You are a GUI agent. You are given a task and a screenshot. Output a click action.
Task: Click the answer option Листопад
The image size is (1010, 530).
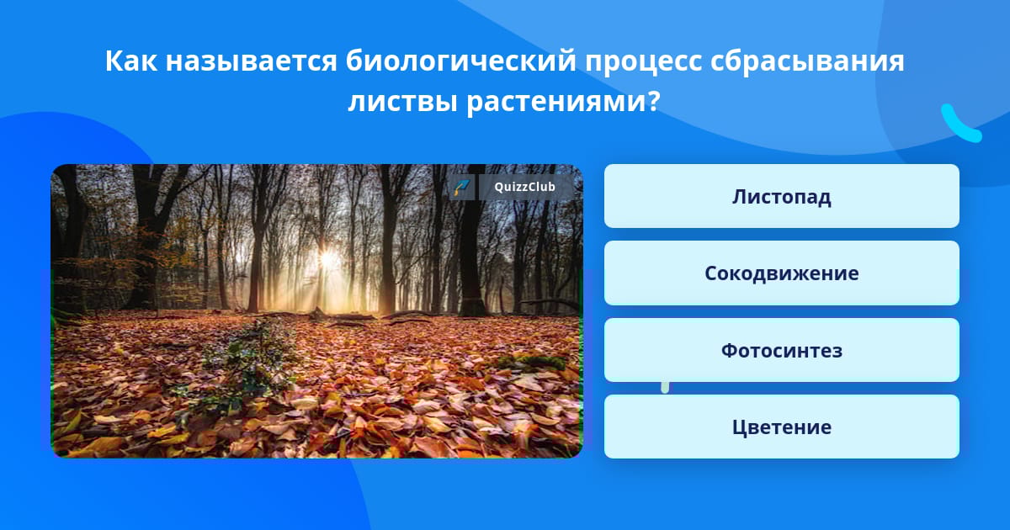(781, 196)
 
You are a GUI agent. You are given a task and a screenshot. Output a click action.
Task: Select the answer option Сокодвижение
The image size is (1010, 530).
(781, 273)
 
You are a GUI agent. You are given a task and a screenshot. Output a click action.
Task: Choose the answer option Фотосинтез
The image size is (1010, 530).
(781, 350)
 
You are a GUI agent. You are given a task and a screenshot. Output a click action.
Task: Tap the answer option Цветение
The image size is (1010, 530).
(781, 427)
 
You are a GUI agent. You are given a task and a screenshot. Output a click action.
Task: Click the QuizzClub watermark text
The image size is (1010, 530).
(524, 187)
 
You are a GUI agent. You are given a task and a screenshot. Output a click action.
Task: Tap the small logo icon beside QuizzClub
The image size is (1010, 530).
(462, 187)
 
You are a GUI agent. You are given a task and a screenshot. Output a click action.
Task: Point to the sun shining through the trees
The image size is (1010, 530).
(327, 259)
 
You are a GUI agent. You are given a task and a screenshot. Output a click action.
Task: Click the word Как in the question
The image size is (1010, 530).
(131, 61)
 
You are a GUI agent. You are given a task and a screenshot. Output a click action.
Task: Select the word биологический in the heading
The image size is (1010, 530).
(461, 61)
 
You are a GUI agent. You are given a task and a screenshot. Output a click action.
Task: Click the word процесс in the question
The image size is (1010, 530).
(643, 62)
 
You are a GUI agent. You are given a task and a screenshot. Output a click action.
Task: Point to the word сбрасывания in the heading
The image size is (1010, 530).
(807, 62)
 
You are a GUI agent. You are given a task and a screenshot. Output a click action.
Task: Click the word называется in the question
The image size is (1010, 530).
(251, 62)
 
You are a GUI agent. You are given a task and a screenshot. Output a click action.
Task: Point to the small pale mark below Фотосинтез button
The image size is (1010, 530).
(665, 387)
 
